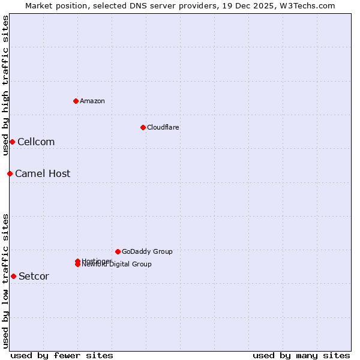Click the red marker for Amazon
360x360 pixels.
(x=76, y=101)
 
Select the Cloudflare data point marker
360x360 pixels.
(x=143, y=127)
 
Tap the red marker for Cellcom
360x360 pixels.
(x=12, y=142)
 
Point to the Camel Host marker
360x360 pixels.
(x=10, y=173)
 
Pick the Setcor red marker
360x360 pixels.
(x=13, y=276)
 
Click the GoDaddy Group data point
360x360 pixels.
(x=118, y=251)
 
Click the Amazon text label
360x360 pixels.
(x=92, y=101)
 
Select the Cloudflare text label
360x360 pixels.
(x=163, y=127)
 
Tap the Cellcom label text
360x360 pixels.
(x=36, y=142)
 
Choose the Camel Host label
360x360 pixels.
(x=43, y=173)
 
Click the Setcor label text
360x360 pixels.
(x=34, y=276)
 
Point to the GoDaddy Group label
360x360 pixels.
(x=147, y=251)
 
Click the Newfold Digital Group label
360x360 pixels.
(x=118, y=265)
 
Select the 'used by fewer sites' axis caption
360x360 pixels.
(x=62, y=355)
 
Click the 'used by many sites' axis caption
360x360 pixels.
(x=301, y=355)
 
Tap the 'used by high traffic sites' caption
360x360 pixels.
(x=5, y=85)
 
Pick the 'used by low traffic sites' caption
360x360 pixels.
(x=5, y=280)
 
